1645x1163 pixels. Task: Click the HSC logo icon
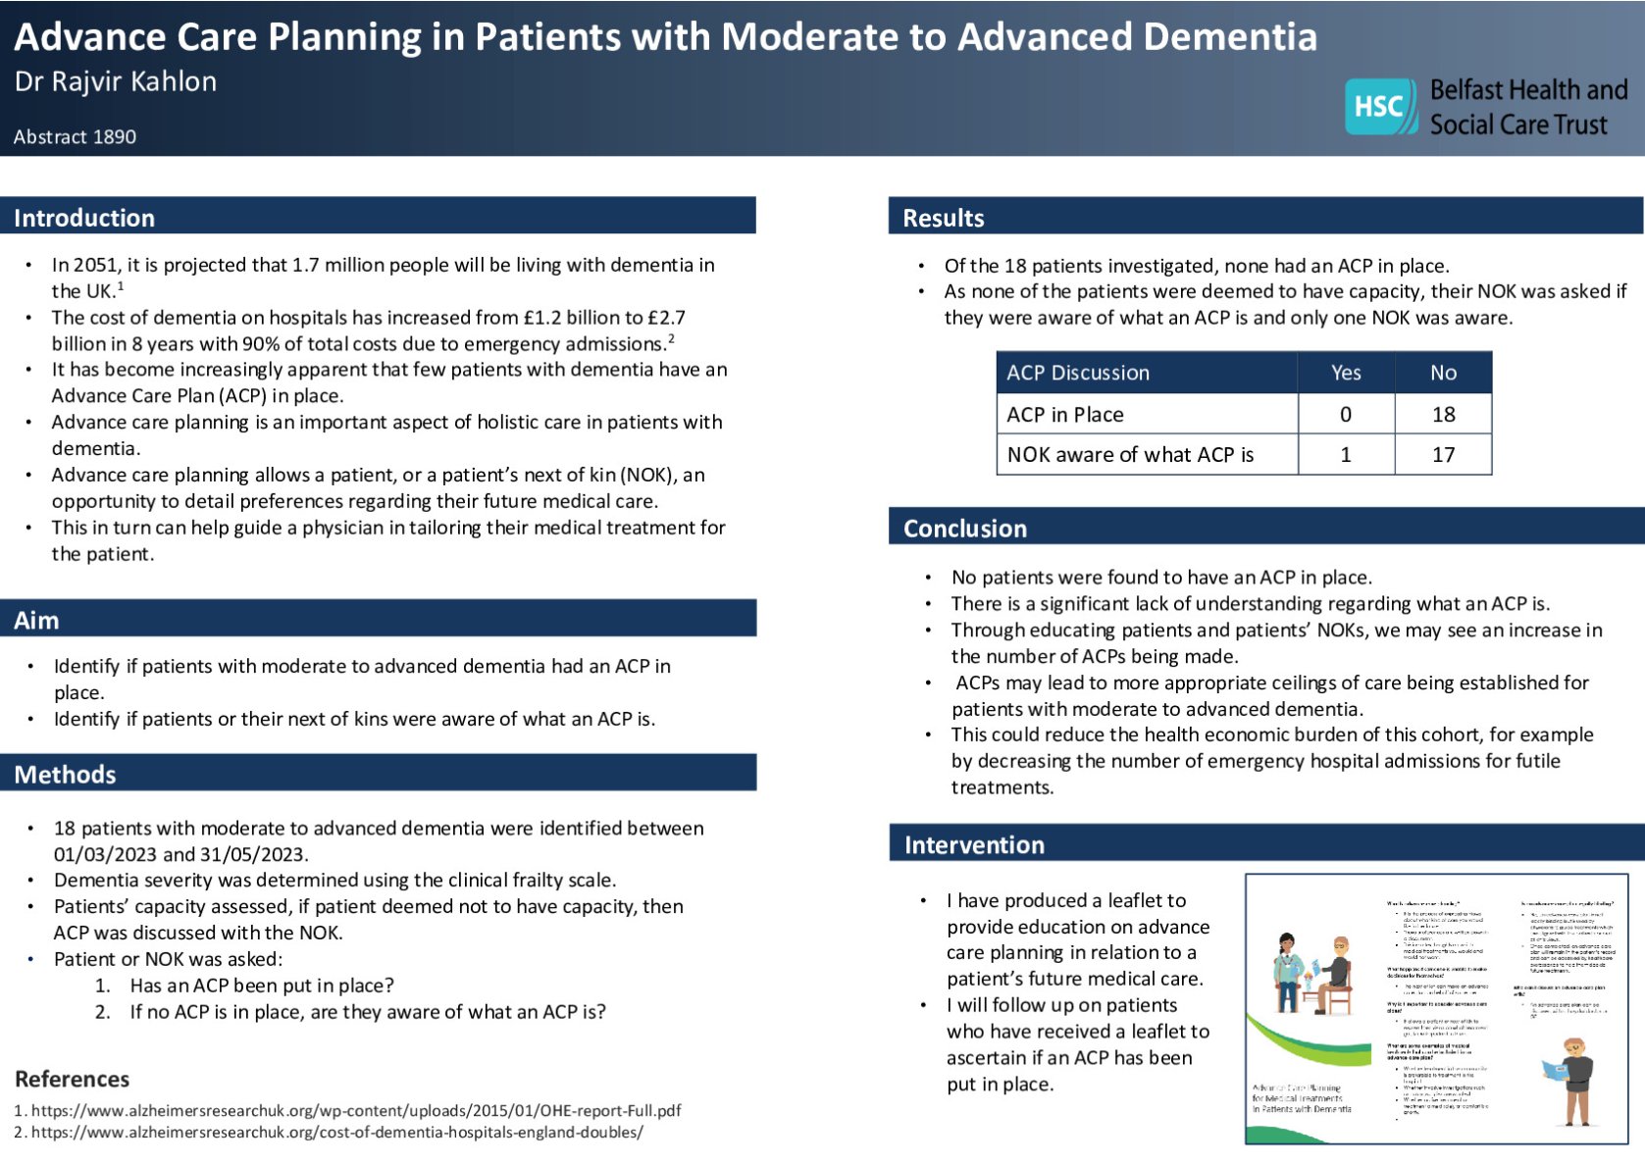click(x=1380, y=106)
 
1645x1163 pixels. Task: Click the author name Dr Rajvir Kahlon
click(x=116, y=81)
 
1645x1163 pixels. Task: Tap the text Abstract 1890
click(x=75, y=137)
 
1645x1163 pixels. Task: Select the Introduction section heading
click(x=84, y=218)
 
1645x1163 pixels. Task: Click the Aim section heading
click(x=36, y=620)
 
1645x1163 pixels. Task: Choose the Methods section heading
click(x=65, y=775)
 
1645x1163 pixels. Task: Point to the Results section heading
click(x=943, y=218)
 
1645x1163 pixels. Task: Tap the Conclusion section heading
click(x=964, y=529)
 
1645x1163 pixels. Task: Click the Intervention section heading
click(x=974, y=845)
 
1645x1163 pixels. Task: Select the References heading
click(x=72, y=1079)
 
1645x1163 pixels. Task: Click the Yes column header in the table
click(x=1346, y=373)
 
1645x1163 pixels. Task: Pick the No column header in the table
click(x=1443, y=373)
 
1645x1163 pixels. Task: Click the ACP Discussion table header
click(x=1077, y=373)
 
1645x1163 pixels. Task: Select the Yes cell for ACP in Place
click(x=1346, y=415)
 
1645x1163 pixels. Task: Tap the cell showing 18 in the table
click(x=1443, y=415)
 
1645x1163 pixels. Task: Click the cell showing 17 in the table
click(x=1443, y=455)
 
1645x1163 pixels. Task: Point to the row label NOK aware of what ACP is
click(x=1130, y=455)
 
